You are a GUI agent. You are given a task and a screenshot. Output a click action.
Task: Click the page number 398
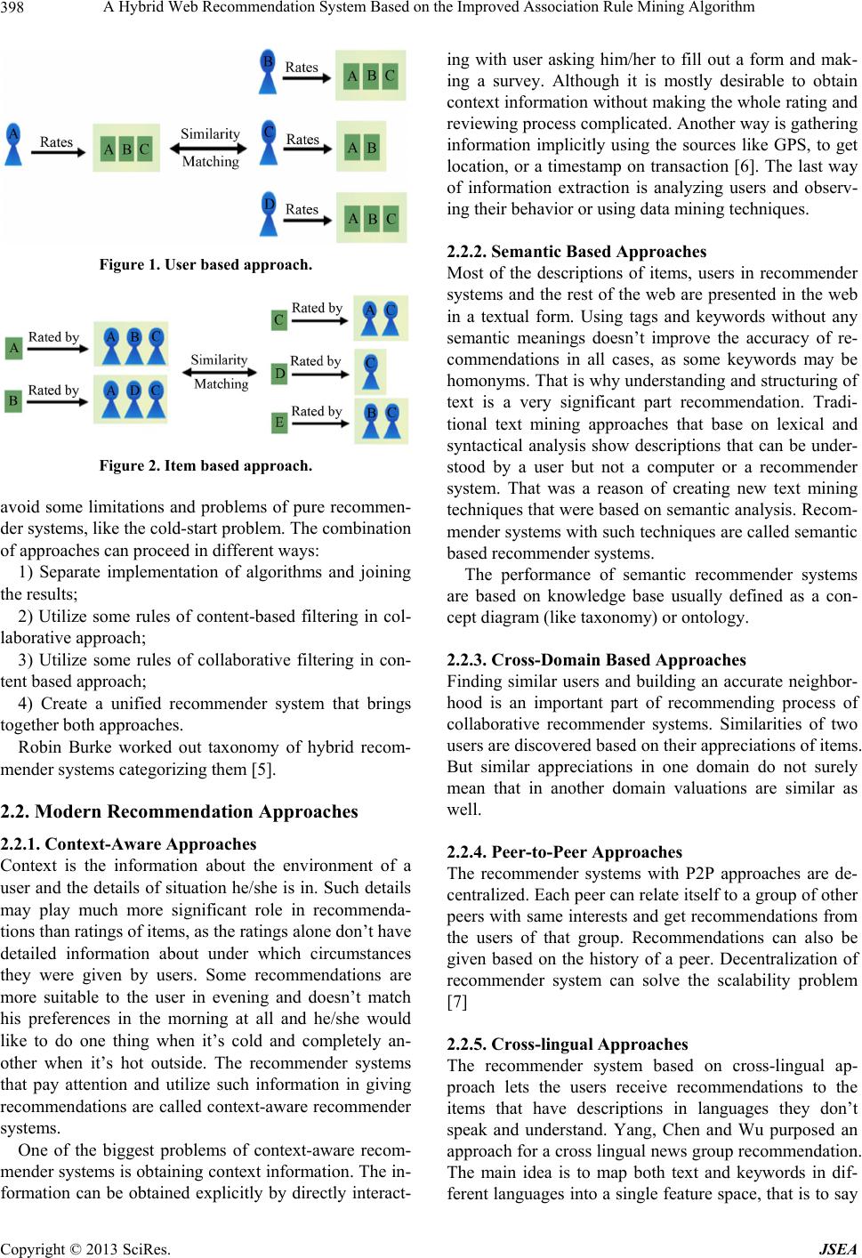(14, 8)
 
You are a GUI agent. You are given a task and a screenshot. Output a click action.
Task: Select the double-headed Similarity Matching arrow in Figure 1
(210, 148)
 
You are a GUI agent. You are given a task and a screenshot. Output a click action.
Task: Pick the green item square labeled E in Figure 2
(279, 423)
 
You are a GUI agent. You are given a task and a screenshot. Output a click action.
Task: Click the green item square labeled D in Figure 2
(279, 373)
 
